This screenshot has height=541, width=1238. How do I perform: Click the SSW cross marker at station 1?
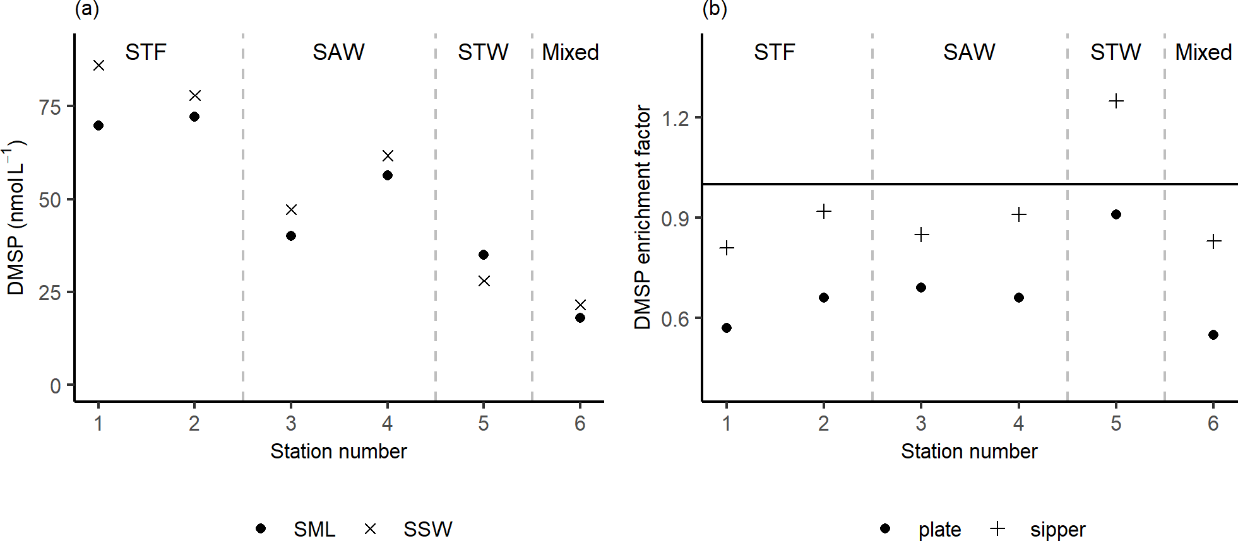coord(98,66)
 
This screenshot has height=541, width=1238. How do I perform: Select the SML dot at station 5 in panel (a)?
coord(484,255)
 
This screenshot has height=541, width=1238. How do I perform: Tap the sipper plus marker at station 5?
coord(1116,102)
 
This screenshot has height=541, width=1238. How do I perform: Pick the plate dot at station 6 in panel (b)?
coord(1213,335)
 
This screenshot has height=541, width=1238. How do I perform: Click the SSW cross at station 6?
coord(580,305)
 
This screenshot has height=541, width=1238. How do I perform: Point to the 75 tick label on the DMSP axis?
coord(50,107)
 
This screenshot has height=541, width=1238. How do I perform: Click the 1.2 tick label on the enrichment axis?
coord(675,118)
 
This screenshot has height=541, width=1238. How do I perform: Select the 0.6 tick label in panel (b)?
coord(675,319)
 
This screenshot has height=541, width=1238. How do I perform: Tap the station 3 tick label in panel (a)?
coord(291,423)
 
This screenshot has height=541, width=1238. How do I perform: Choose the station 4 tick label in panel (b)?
coord(1018,423)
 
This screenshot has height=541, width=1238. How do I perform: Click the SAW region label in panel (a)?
coord(338,52)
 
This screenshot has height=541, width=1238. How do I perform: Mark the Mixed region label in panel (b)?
coord(1203,52)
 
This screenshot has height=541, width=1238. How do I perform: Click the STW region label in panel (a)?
coord(483,52)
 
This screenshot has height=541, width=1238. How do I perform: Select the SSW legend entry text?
coord(427,529)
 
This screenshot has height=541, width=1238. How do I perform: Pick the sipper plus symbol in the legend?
coord(997,528)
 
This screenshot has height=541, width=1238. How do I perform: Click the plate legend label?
coord(939,530)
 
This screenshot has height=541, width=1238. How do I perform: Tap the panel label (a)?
coord(86,9)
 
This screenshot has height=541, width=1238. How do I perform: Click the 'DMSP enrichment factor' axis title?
coord(643,217)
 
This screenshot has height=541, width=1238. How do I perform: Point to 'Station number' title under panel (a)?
coord(338,451)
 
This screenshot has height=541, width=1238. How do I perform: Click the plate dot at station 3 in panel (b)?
coord(921,288)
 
